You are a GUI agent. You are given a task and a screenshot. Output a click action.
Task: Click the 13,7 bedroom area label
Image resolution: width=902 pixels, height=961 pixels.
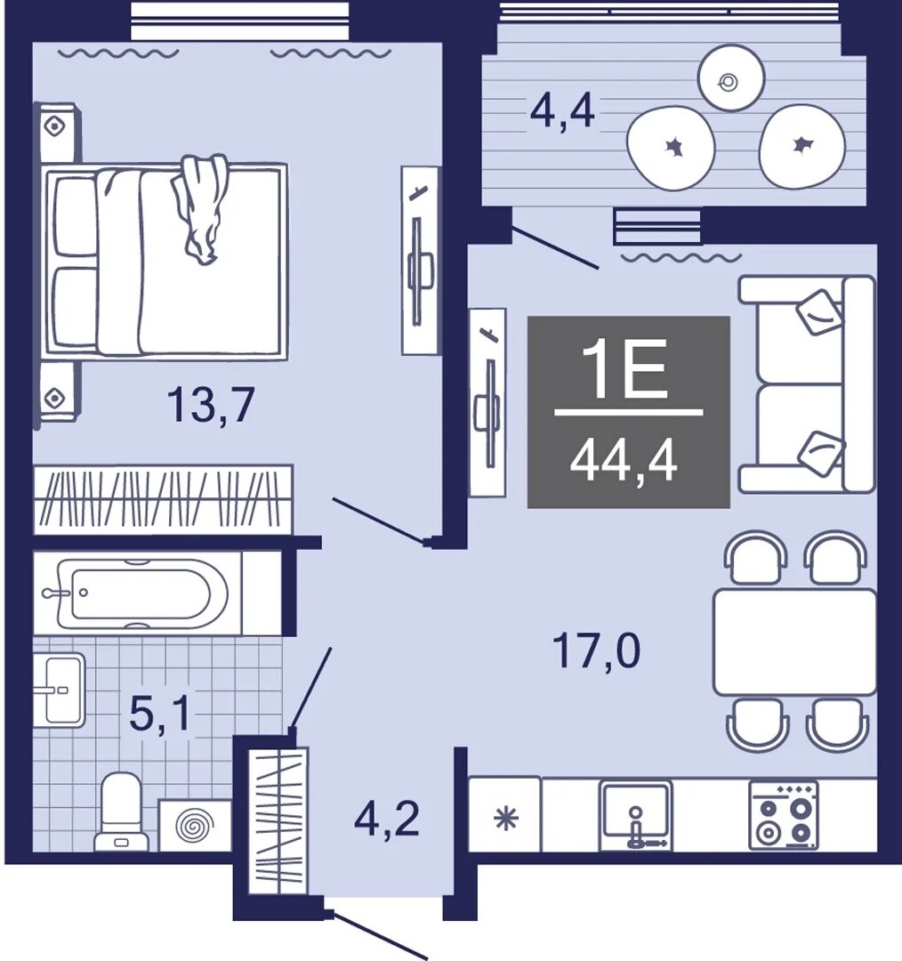[x=210, y=405]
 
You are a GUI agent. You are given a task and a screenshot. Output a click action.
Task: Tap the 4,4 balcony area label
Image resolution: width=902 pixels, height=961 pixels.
[x=562, y=111]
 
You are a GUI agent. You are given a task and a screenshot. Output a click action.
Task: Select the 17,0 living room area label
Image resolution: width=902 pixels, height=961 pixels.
[x=596, y=650]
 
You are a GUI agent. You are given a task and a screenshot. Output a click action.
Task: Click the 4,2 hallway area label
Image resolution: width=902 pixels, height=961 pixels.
[x=387, y=820]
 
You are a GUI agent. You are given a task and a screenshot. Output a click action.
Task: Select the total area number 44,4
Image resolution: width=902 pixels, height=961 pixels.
[x=624, y=462]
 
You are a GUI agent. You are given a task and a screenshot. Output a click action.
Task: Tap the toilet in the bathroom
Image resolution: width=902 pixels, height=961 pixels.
[x=121, y=811]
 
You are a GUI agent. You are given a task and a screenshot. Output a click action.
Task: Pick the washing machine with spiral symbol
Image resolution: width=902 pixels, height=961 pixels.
[x=196, y=826]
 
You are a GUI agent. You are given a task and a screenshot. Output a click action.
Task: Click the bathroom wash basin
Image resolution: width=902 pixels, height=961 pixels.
[x=59, y=690]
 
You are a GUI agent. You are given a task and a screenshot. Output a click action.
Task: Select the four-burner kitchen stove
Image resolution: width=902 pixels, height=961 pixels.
[x=784, y=815]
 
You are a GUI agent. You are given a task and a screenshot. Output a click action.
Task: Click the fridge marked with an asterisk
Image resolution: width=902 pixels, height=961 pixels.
[x=505, y=814]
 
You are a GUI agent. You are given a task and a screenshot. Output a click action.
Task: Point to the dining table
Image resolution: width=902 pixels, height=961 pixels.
[x=795, y=642]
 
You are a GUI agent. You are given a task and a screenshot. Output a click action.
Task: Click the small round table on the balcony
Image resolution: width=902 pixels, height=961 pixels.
[x=731, y=77]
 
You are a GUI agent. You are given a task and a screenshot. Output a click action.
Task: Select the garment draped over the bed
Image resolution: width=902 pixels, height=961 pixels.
[x=200, y=207]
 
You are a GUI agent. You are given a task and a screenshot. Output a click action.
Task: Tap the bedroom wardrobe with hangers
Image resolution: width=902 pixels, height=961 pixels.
[x=163, y=499]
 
